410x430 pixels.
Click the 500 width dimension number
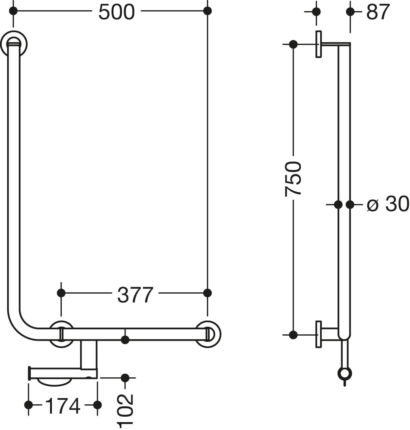pos(116,12)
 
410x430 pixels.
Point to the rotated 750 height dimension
pos(293,179)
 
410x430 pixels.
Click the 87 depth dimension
pos(377,12)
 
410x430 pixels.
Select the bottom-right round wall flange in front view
pos(209,334)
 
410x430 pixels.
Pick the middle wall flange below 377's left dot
pos(61,334)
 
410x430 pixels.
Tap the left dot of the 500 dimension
pos(13,11)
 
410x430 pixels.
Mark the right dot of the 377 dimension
pos(208,293)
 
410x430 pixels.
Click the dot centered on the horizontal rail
pos(125,340)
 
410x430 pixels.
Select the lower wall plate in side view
pos(318,334)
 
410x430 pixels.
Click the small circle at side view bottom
pos(344,374)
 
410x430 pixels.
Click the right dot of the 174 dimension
pos(97,405)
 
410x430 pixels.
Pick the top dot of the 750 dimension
pos(293,44)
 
